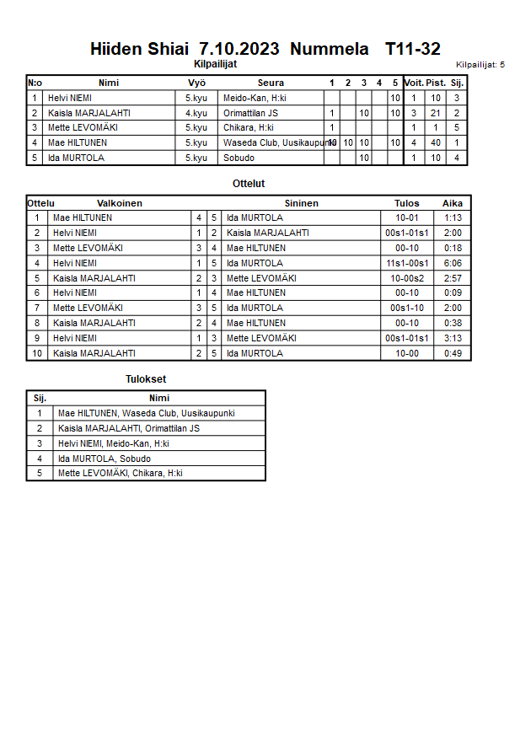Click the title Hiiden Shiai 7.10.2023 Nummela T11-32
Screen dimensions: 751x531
pos(265,49)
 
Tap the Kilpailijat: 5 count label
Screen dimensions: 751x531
pos(480,64)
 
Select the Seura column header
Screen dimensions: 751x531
pos(271,83)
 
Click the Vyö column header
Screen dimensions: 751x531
pos(196,83)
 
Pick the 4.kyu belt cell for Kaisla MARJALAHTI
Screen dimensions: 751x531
pos(196,113)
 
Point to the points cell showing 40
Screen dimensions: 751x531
pos(436,143)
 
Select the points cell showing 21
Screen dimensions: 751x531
pos(436,113)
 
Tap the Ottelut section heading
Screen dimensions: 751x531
pos(249,183)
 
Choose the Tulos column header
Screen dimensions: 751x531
pos(406,203)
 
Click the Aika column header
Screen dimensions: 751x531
pos(453,203)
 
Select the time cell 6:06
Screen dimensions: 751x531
pos(453,263)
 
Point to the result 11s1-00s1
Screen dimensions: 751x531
pos(407,263)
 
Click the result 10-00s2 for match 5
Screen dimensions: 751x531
pos(407,278)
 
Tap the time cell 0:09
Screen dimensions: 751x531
pos(453,293)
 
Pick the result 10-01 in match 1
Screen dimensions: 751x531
pos(407,217)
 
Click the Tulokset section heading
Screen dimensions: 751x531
pos(146,379)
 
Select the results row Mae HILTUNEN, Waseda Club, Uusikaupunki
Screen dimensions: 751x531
pos(146,413)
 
